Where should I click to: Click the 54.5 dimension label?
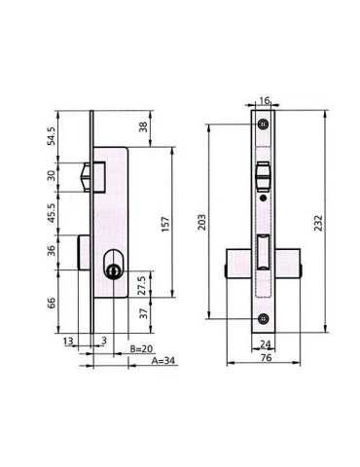point(52,136)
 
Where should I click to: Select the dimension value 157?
point(165,224)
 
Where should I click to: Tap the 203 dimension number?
point(202,222)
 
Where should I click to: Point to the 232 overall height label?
point(318,223)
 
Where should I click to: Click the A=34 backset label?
point(163,360)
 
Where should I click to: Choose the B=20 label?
point(141,349)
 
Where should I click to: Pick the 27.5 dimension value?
point(142,285)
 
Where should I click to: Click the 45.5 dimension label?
point(52,213)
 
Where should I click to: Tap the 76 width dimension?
point(266,358)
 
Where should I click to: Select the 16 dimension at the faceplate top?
point(265,101)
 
